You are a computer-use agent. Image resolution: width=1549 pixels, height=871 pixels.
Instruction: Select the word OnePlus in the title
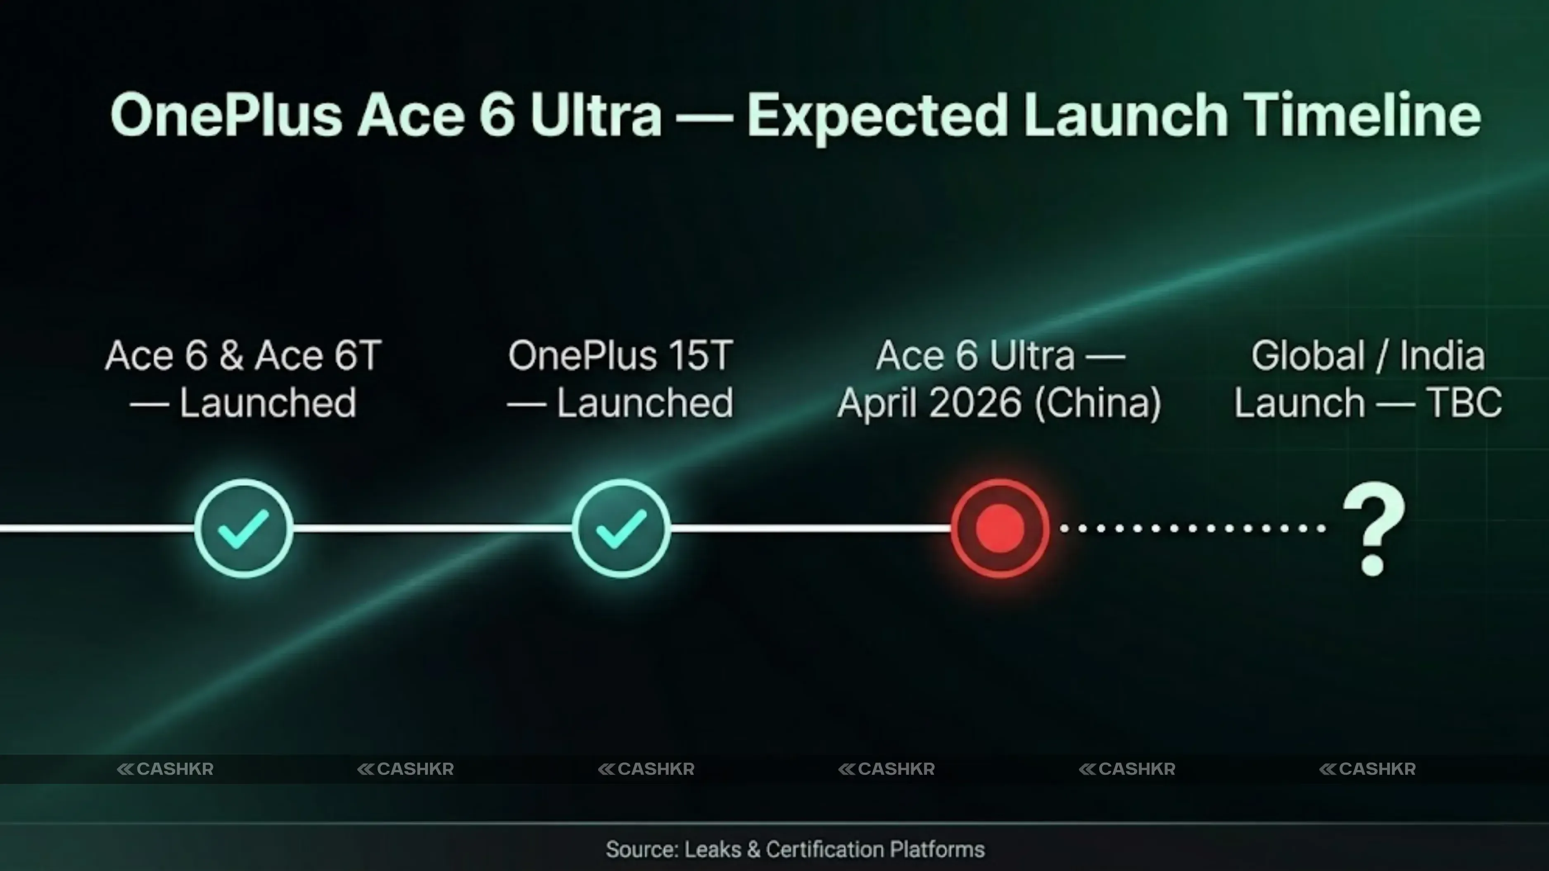226,115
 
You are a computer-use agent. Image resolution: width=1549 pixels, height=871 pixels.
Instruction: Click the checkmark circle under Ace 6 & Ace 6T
244,528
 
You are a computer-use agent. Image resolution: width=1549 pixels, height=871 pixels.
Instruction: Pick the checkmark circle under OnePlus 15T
621,528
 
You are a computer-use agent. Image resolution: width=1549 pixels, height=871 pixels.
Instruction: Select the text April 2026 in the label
929,402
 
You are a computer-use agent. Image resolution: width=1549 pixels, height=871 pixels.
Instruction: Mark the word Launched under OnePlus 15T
645,402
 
